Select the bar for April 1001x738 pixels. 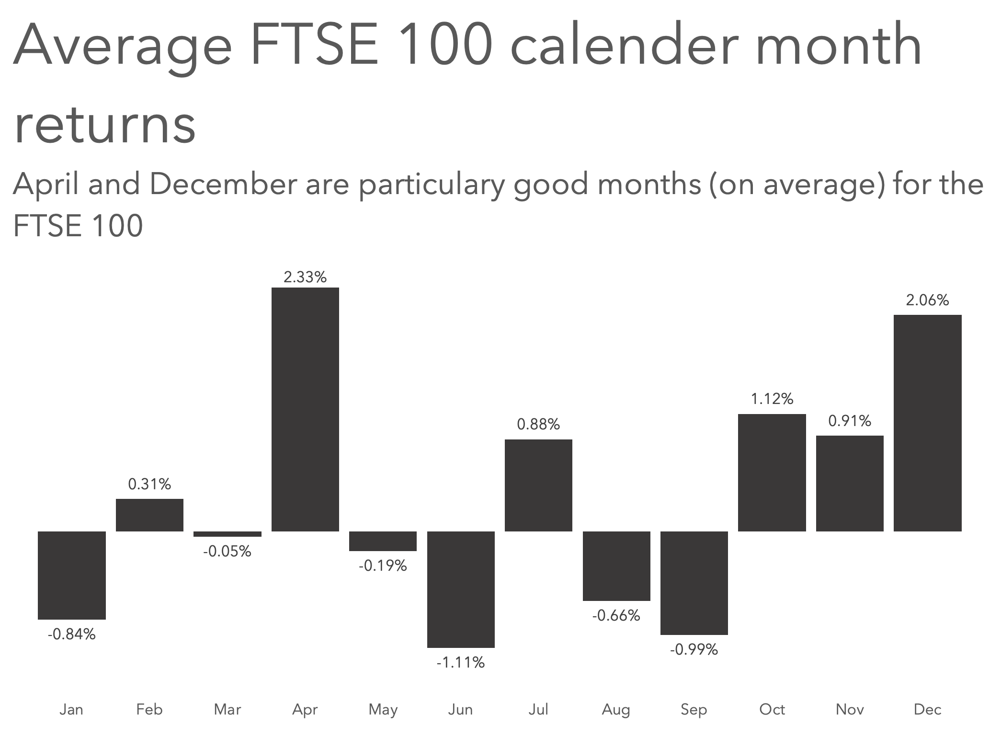(305, 409)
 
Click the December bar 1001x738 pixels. (927, 423)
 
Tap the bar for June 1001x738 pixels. (461, 589)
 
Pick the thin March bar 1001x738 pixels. (227, 534)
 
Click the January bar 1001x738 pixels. (72, 575)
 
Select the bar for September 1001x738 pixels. (694, 583)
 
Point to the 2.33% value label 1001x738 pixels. (305, 277)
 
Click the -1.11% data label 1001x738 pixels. (461, 662)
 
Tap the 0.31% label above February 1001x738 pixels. (149, 484)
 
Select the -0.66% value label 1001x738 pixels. (616, 615)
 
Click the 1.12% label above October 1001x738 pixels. (772, 399)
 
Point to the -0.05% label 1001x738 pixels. (227, 551)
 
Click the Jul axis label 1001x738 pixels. (538, 709)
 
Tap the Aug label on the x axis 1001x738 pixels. (616, 709)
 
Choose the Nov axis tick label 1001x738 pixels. (850, 709)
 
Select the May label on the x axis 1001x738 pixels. (383, 709)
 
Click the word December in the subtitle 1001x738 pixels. (223, 184)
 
